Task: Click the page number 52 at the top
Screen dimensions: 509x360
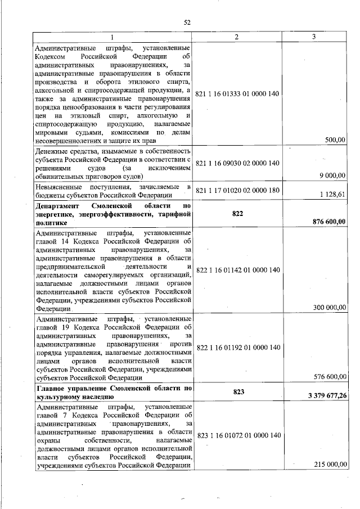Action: point(187,22)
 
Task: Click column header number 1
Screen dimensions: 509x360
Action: point(112,37)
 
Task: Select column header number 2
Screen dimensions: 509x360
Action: point(237,37)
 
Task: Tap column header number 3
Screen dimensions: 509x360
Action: point(314,37)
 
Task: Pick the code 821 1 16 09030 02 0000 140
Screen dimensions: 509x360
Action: point(237,163)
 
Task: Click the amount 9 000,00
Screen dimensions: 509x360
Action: point(332,175)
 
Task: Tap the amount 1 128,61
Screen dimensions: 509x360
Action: point(333,195)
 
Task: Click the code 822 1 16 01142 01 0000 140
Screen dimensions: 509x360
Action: point(237,270)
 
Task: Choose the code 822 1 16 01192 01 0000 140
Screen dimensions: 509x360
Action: point(237,348)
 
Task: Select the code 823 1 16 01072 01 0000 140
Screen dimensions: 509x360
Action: point(237,435)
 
